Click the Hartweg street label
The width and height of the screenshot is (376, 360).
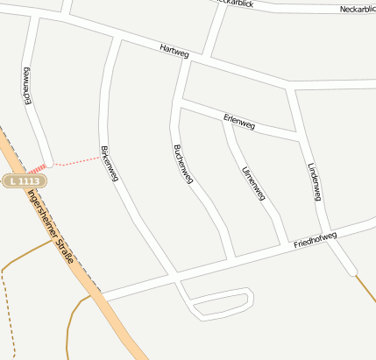pyautogui.click(x=174, y=52)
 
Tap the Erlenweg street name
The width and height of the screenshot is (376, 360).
pyautogui.click(x=238, y=122)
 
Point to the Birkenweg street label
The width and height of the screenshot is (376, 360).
pyautogui.click(x=110, y=164)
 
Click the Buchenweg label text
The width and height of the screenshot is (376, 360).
pyautogui.click(x=182, y=164)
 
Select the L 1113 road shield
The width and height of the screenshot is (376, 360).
pyautogui.click(x=24, y=180)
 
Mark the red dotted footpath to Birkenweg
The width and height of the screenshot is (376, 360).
pyautogui.click(x=77, y=160)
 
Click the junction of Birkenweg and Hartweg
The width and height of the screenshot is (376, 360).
pyautogui.click(x=115, y=38)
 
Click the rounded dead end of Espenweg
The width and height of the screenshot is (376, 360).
pyautogui.click(x=48, y=161)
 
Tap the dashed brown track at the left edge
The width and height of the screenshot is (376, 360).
pyautogui.click(x=4, y=307)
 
